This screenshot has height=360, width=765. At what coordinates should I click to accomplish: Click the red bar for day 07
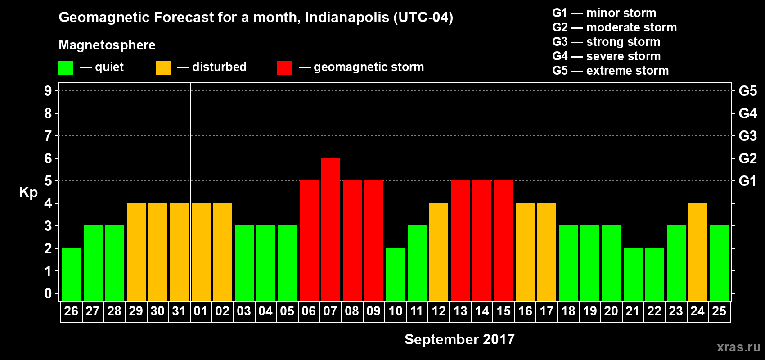coord(331,229)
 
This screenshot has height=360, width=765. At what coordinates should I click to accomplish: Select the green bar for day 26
coord(72,274)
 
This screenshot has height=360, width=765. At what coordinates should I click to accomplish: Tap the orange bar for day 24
coord(698,252)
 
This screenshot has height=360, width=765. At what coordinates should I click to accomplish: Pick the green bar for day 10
coord(396,274)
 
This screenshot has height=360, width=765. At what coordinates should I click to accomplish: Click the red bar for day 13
coord(460,240)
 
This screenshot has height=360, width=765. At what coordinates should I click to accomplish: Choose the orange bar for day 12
coord(439,252)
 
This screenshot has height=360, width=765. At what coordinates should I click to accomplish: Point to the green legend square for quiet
coord(66,68)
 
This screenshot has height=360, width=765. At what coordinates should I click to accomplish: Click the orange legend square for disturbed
coord(163,68)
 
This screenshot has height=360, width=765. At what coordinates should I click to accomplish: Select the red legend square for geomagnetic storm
coord(284,68)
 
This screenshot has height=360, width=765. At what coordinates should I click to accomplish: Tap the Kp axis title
coord(28,193)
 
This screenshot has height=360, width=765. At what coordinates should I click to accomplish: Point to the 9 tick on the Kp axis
coord(48,91)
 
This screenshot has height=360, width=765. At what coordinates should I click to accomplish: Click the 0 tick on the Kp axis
coord(48,293)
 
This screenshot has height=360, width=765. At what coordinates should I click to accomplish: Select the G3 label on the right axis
coord(747,136)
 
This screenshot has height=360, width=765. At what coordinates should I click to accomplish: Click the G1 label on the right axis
coord(747,181)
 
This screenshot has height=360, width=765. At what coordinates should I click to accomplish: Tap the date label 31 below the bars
coord(179,311)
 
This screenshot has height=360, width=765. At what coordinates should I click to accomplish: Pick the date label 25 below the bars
coord(719,311)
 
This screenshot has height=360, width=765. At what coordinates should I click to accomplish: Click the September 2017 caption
coord(459,339)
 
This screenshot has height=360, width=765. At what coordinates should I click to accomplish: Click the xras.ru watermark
coord(738,347)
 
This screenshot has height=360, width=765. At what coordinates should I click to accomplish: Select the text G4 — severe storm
coord(606,56)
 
